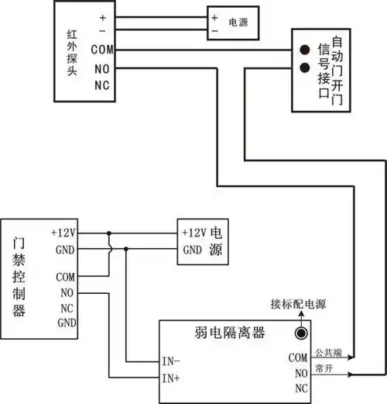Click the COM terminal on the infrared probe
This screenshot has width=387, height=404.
(x=101, y=50)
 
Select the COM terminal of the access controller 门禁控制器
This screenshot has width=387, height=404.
(x=66, y=276)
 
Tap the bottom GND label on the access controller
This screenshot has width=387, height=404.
(x=66, y=323)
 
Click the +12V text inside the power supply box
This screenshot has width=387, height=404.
(x=194, y=233)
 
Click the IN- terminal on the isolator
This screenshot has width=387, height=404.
(x=171, y=361)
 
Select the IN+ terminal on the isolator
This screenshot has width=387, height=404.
(x=171, y=379)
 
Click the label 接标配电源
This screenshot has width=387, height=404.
(x=297, y=302)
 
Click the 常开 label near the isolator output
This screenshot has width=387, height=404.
(x=324, y=370)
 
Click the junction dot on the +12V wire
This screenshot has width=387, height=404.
(x=109, y=232)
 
